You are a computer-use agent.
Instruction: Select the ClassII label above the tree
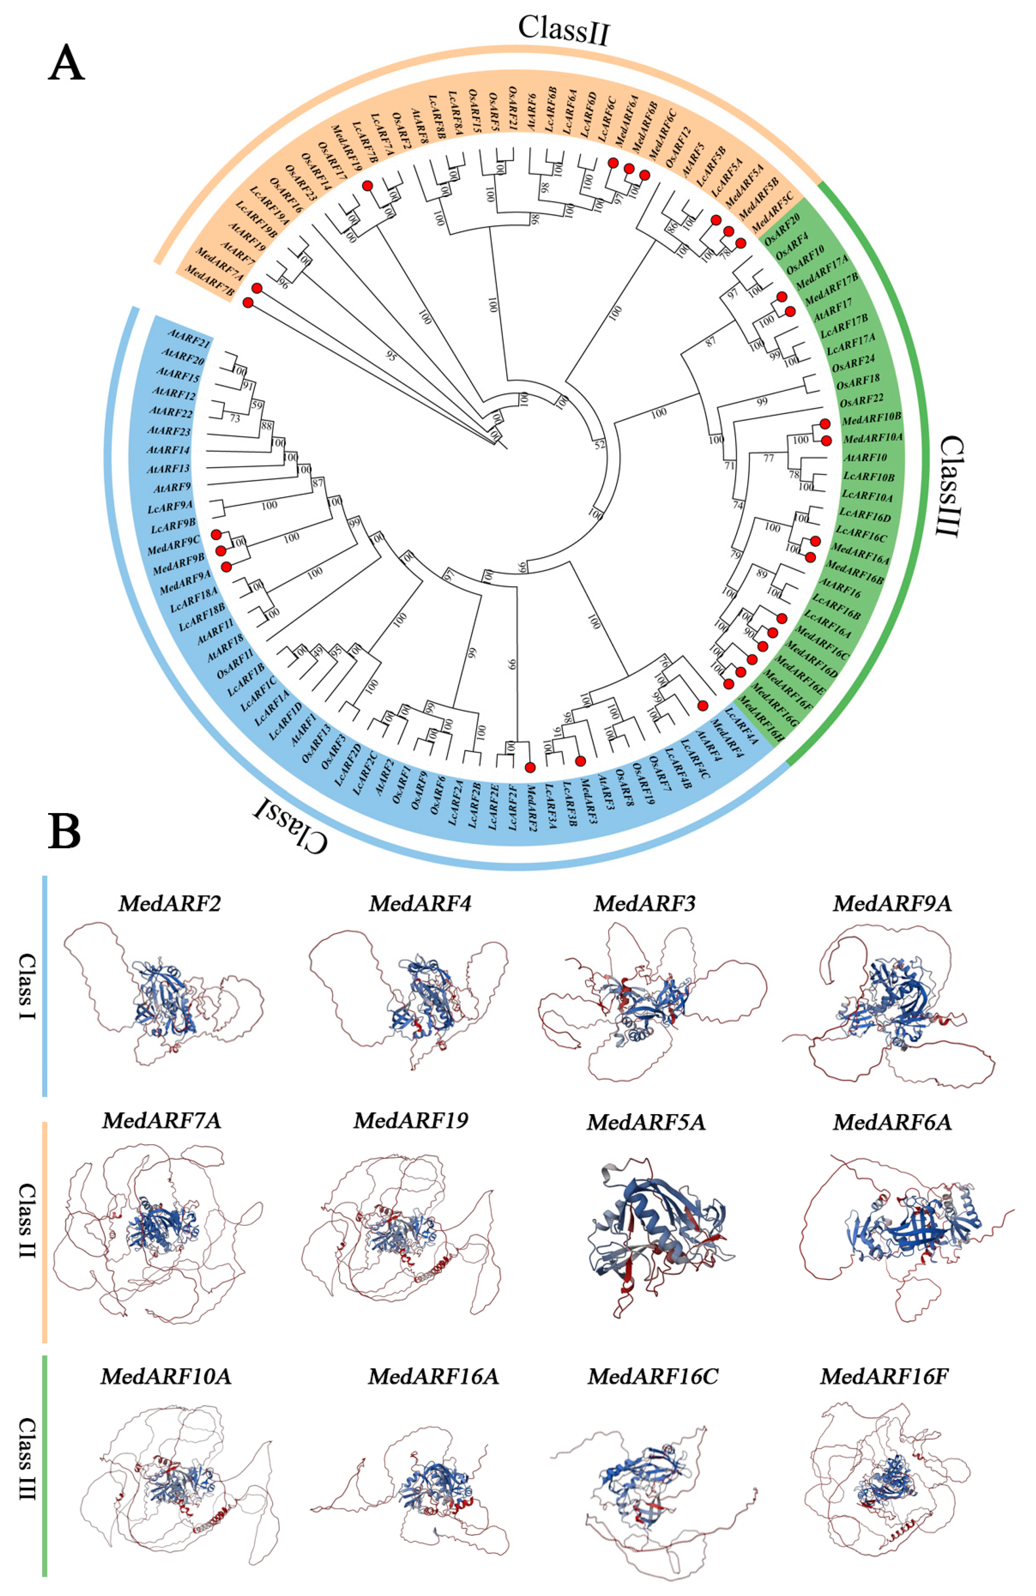(563, 30)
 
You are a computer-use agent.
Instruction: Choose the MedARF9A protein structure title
(892, 903)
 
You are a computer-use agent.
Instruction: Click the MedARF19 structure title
(411, 1121)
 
